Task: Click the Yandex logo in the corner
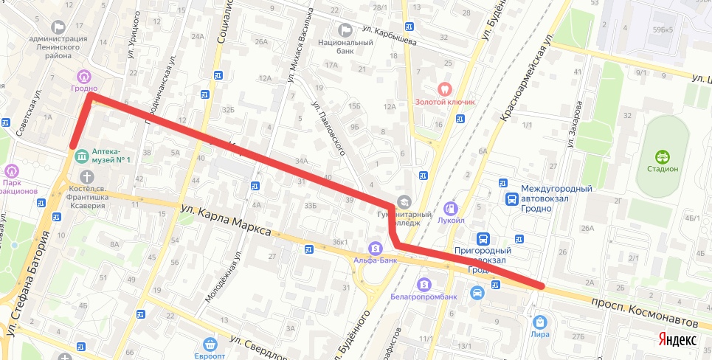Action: [x=677, y=339]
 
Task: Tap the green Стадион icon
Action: [x=663, y=156]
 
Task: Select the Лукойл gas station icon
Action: [x=452, y=210]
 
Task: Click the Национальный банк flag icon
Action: [x=345, y=30]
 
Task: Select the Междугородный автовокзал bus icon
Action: [x=511, y=198]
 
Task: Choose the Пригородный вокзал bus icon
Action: [x=483, y=239]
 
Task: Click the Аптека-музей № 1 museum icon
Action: [x=80, y=156]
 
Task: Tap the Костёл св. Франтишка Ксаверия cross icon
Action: [x=87, y=177]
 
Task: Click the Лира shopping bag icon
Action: [x=540, y=322]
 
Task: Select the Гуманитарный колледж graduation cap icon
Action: [x=404, y=201]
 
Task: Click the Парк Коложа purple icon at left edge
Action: [x=10, y=171]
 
